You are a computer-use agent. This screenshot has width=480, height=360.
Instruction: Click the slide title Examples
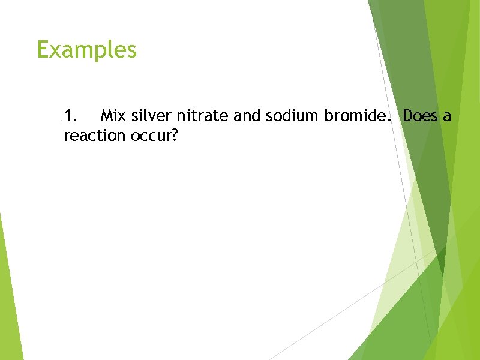pyautogui.click(x=86, y=50)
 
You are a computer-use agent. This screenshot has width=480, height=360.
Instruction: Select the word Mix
pyautogui.click(x=113, y=115)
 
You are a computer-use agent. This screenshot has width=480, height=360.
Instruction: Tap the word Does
pyautogui.click(x=421, y=115)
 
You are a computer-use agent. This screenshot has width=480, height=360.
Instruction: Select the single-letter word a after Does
pyautogui.click(x=447, y=117)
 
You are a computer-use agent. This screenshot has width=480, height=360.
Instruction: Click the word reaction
pyautogui.click(x=94, y=136)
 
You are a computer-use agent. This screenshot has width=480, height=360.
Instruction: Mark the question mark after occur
pyautogui.click(x=175, y=136)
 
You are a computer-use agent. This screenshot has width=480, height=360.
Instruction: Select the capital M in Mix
pyautogui.click(x=107, y=115)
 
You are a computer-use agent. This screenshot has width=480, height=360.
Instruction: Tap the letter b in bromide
pyautogui.click(x=329, y=115)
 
